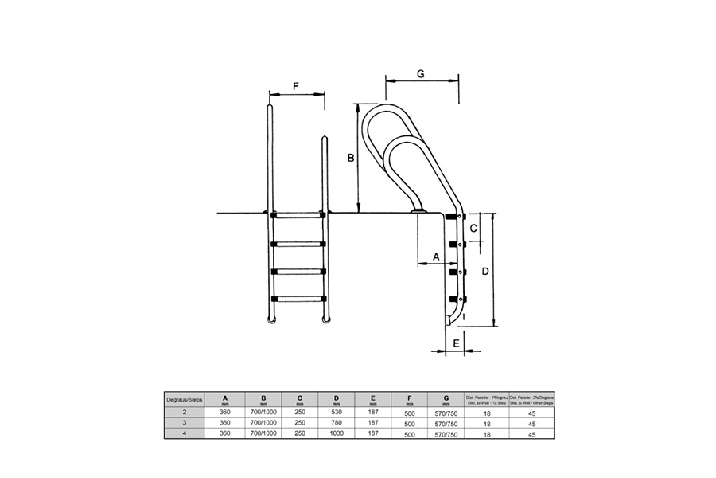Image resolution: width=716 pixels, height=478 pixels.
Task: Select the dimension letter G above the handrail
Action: pos(421,72)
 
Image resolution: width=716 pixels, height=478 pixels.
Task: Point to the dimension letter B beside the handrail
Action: pos(349,159)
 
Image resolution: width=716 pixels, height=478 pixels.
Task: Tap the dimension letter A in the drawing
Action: pos(435,256)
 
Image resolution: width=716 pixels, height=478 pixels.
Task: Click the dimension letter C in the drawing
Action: pos(475,229)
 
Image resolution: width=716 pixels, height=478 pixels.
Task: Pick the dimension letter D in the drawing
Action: pos(484,271)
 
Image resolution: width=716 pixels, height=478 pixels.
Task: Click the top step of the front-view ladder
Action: pos(298,215)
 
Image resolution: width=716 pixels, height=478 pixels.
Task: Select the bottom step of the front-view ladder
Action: pos(298,299)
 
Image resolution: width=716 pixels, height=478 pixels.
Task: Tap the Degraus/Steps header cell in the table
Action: pos(185,400)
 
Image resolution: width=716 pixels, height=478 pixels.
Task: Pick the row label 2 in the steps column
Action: pos(185,413)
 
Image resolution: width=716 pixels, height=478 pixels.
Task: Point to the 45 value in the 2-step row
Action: pos(531,413)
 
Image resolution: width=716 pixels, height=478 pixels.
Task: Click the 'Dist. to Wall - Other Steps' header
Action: pos(531,400)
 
